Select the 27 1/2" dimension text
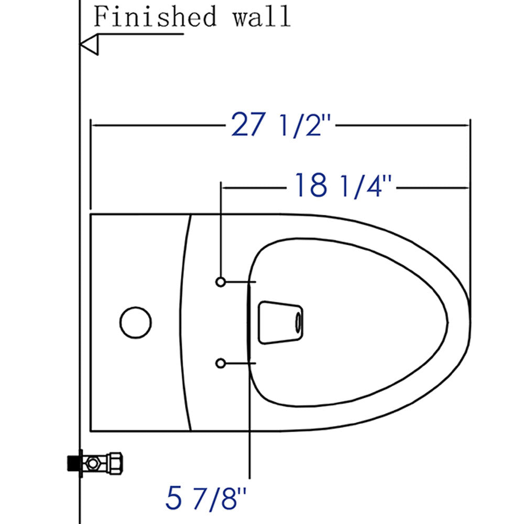[x=282, y=125]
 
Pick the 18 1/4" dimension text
[x=343, y=185]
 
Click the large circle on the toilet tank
[x=136, y=322]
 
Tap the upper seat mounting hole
[x=221, y=282]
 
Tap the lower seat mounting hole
[x=221, y=363]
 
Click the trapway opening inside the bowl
[x=280, y=322]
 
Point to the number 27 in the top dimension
[x=247, y=125]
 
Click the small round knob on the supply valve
[x=93, y=463]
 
